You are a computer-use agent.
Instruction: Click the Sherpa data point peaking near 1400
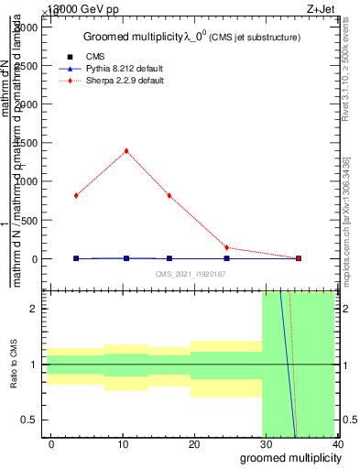coord(126,151)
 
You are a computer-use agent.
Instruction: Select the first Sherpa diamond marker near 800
coord(76,195)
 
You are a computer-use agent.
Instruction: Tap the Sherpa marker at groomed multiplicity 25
coord(226,247)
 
